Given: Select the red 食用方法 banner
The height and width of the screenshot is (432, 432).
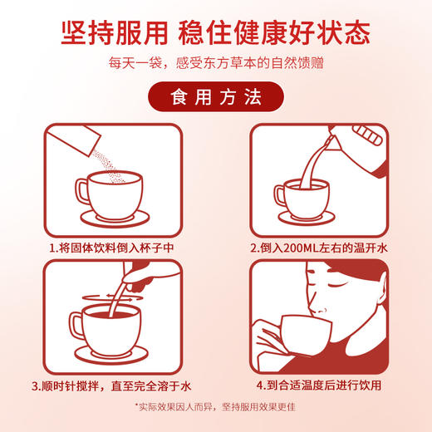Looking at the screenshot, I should [x=215, y=96].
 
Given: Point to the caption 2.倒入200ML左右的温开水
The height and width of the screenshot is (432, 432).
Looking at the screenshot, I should [x=320, y=247].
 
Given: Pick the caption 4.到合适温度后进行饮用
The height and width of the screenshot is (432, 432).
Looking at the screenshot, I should [x=320, y=385].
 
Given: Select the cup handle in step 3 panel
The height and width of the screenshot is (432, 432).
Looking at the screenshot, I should [x=78, y=327].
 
